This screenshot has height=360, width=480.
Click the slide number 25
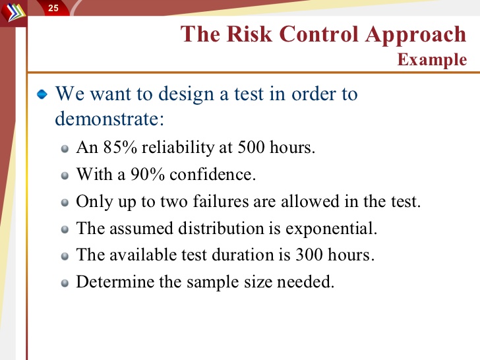[x=53, y=8]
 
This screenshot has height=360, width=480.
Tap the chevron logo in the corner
[x=13, y=13]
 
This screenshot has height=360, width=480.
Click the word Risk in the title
[x=249, y=34]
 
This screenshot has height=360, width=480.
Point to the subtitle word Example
[x=432, y=60]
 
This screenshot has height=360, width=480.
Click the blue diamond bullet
[x=42, y=94]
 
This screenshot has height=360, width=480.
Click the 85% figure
[x=120, y=147]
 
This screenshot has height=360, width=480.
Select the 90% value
[x=148, y=175]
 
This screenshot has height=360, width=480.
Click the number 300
[x=309, y=255]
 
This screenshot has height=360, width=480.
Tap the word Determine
[x=115, y=282]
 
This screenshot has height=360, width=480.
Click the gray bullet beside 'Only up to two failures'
[x=65, y=202]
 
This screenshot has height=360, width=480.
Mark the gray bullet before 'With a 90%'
[x=65, y=175]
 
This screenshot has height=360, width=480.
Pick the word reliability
[x=178, y=148]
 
